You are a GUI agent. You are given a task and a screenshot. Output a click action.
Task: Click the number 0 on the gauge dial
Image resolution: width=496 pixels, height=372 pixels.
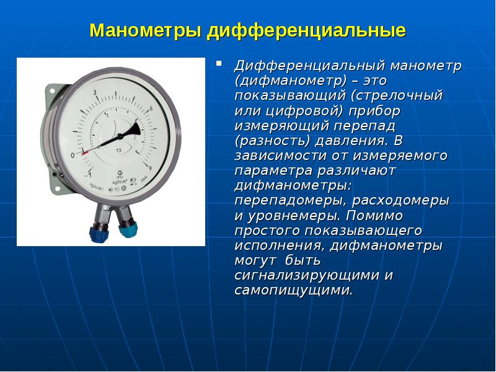pos(73,154)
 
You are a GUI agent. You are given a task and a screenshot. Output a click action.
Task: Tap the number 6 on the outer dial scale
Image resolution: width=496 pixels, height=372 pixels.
pos(151,108)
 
